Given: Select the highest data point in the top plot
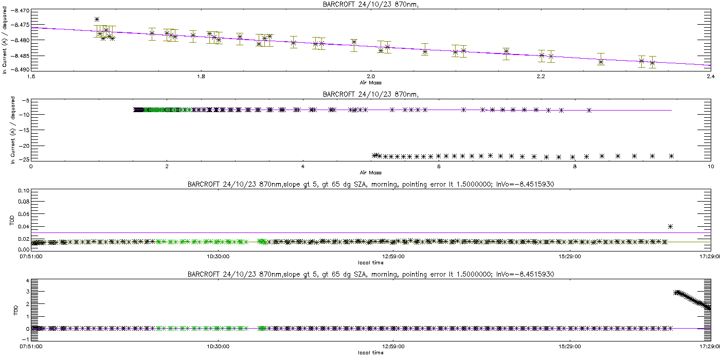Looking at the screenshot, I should [x=97, y=19].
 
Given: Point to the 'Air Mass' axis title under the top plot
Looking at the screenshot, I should [x=370, y=82].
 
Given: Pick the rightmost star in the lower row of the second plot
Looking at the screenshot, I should [x=671, y=156].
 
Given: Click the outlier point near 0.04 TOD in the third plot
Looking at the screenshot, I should [x=670, y=226].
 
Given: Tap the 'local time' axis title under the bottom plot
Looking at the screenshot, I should [x=370, y=353].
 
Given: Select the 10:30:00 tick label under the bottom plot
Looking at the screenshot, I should [x=219, y=347].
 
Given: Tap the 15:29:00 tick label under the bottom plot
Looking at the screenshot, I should [x=567, y=347].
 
